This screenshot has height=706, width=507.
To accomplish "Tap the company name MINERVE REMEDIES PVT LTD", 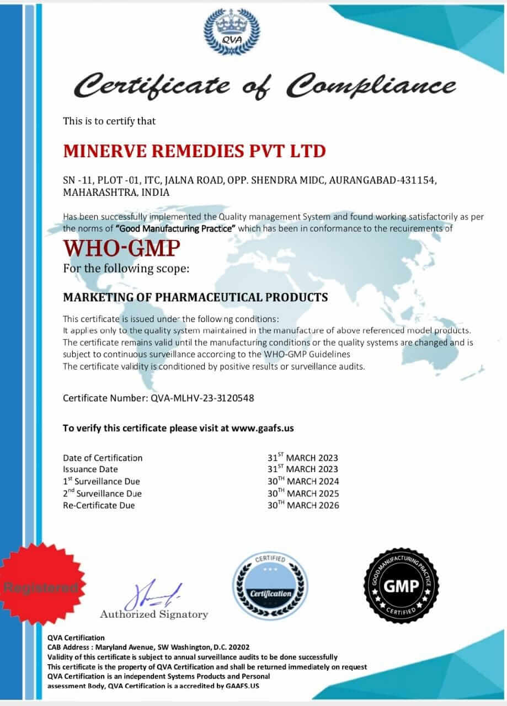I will click(x=194, y=150).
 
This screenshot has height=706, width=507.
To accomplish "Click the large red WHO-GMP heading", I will click(x=121, y=249).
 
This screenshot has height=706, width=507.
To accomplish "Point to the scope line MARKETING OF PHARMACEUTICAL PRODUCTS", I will click(x=195, y=297).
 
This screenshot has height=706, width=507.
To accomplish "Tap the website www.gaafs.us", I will click(x=266, y=427).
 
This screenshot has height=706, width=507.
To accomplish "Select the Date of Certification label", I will click(x=103, y=458).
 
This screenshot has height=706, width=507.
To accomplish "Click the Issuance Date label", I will click(x=90, y=469).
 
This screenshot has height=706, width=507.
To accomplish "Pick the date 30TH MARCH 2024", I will click(x=303, y=481).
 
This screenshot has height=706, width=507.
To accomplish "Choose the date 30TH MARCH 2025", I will click(x=303, y=493).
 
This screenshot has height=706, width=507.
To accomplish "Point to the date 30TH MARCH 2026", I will click(x=303, y=505).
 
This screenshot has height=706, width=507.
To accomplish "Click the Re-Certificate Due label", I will click(x=99, y=505).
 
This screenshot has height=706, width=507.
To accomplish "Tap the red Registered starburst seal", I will click(x=42, y=586).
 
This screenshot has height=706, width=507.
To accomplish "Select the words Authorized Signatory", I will click(x=154, y=614).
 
